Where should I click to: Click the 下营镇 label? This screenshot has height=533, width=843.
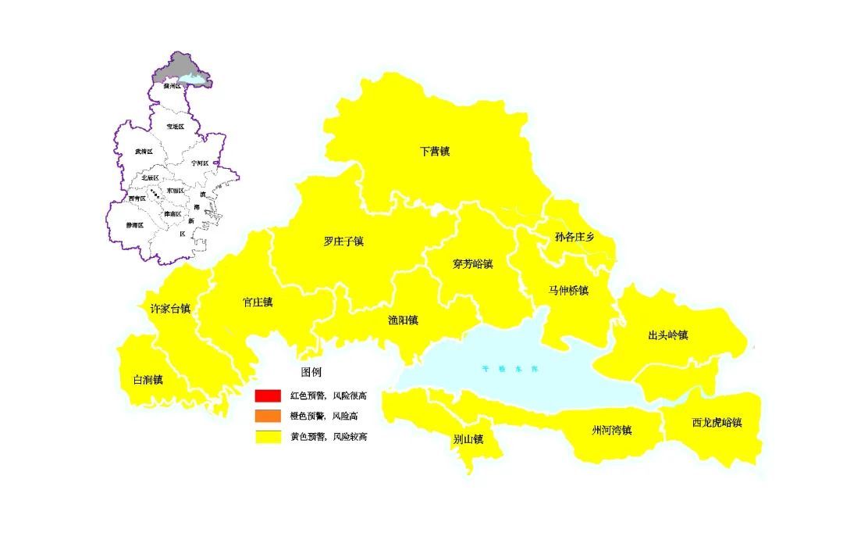coord(435,152)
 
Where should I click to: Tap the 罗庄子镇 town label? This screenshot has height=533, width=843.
coord(343,241)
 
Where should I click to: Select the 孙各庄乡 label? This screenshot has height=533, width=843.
coord(574,237)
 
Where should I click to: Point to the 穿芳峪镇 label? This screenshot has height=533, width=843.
coord(473,264)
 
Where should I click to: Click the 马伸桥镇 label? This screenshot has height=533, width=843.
coord(568,291)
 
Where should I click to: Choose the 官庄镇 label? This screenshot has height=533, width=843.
coord(258,302)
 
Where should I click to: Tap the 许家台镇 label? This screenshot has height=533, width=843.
coord(170,309)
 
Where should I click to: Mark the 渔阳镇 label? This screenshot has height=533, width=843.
coord(404,320)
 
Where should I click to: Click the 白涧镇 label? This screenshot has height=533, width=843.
coord(148,380)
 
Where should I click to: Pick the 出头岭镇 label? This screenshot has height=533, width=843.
coord(667,335)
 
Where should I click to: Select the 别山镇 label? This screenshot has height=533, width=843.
coord(468,440)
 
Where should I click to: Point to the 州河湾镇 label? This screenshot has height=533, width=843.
coord(611,430)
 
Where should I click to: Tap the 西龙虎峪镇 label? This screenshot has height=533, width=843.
coord(716,423)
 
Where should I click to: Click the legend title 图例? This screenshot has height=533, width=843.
coord(311,372)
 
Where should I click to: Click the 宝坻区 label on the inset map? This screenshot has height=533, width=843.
coord(176,126)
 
